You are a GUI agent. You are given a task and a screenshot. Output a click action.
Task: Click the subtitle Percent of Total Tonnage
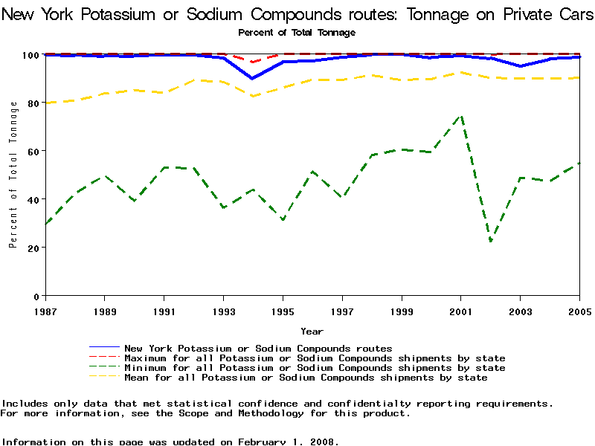click(x=297, y=32)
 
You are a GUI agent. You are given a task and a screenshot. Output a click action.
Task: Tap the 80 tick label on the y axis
click(x=33, y=103)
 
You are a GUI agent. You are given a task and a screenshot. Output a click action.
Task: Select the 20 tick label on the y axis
click(x=33, y=247)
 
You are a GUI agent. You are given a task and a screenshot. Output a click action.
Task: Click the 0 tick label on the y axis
click(x=36, y=295)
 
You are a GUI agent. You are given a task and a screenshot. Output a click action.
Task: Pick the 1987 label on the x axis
click(x=45, y=310)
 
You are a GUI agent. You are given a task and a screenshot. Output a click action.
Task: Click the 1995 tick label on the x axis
click(x=283, y=310)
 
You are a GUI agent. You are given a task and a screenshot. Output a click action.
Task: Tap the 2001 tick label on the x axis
click(x=461, y=310)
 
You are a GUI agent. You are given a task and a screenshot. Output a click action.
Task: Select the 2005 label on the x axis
click(x=579, y=310)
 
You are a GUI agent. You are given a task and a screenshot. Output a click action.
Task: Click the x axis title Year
click(x=312, y=331)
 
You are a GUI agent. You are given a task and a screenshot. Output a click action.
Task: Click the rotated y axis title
click(x=13, y=175)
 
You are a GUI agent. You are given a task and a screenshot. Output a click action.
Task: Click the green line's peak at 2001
click(x=461, y=116)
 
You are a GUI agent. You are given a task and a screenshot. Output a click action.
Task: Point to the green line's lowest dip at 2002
click(x=491, y=241)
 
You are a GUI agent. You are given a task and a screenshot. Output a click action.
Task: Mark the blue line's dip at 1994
click(x=253, y=78)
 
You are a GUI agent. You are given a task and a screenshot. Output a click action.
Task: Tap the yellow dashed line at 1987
click(x=45, y=103)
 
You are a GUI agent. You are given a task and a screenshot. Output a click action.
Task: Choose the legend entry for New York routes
click(x=257, y=348)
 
